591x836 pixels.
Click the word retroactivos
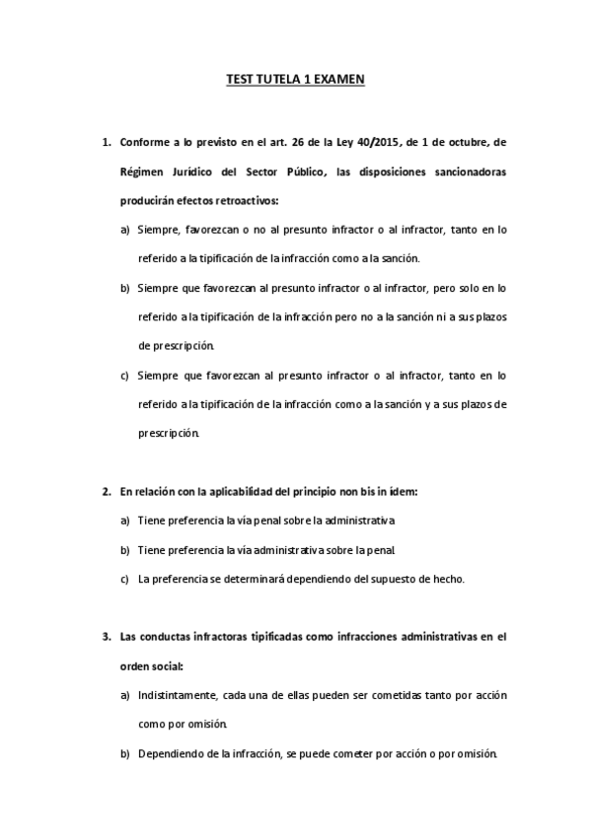click(x=247, y=200)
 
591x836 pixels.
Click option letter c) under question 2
click(x=125, y=579)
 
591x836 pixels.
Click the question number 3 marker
click(x=106, y=637)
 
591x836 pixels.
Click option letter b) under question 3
click(x=125, y=754)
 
